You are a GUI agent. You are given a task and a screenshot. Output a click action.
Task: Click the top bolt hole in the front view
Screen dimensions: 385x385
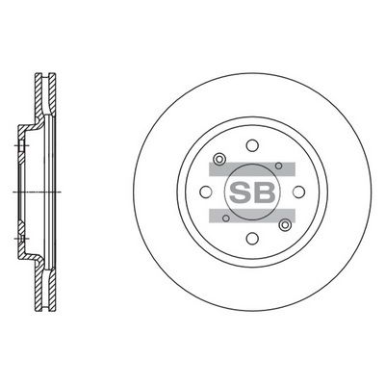pos(252,145)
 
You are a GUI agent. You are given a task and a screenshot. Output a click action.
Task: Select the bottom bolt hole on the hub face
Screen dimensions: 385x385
pos(252,238)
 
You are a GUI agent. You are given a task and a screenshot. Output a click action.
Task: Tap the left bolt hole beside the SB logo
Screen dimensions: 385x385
pos(206,192)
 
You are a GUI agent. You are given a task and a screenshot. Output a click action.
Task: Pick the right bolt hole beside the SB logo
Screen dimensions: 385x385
pos(299,192)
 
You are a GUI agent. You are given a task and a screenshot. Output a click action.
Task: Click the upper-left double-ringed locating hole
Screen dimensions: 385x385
pos(219,159)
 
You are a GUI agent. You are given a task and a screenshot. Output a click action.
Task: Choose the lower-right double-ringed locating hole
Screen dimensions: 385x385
pos(284,225)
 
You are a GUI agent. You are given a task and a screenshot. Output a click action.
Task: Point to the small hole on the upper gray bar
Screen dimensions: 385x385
pos(279,166)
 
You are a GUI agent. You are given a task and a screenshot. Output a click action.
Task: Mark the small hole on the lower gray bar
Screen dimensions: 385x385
pos(226,218)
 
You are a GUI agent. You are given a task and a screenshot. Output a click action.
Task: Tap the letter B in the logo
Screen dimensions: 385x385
pos(264,192)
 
